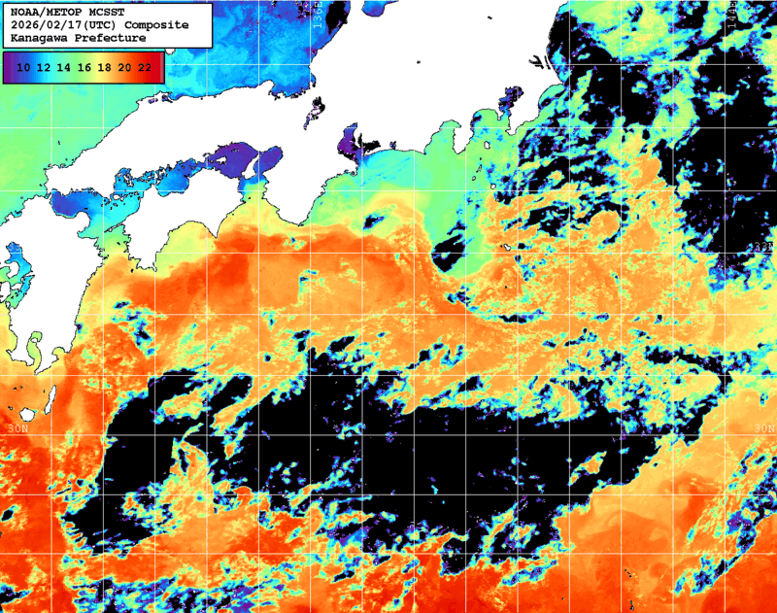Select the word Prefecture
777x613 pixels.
[x=110, y=37]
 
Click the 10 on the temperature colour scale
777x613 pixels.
[x=22, y=67]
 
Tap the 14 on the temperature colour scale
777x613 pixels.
[x=63, y=67]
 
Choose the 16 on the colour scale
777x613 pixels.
[x=84, y=67]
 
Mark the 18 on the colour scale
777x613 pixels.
[x=104, y=67]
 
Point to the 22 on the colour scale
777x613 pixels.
[x=144, y=67]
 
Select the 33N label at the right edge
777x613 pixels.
[x=763, y=248]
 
